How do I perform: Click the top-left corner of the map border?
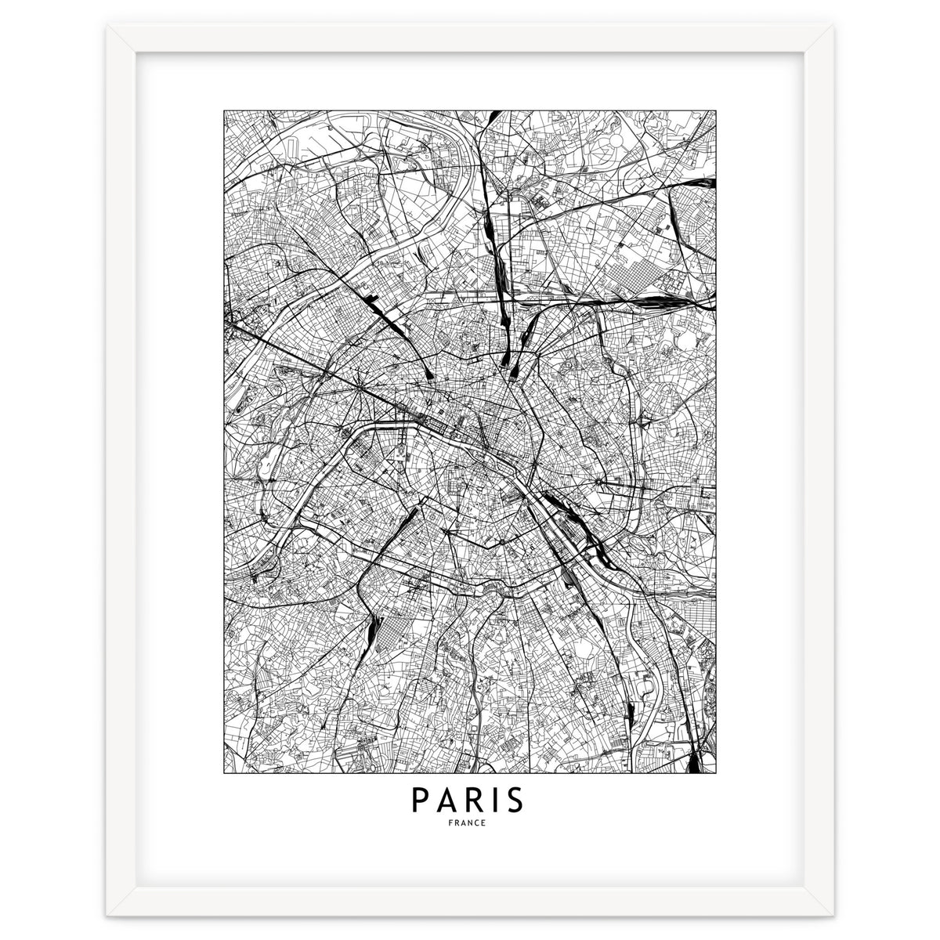[224, 110]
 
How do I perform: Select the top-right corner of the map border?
[717, 110]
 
